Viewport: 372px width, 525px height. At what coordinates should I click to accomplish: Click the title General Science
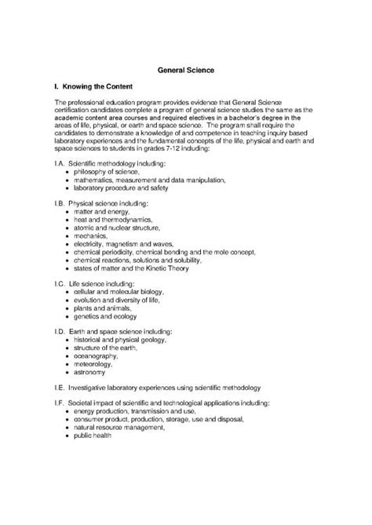(x=185, y=71)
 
